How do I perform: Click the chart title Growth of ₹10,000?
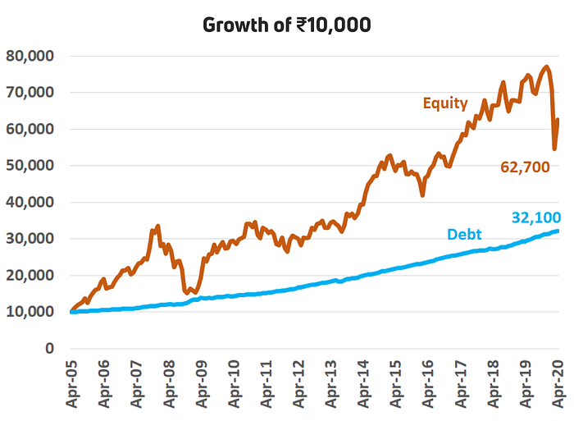click(x=287, y=25)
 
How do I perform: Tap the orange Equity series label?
click(x=445, y=103)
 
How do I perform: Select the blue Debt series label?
click(x=464, y=234)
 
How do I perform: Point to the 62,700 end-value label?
click(x=525, y=167)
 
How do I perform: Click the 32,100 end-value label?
click(x=536, y=217)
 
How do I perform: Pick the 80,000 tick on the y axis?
click(x=30, y=56)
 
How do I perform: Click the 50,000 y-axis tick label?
click(x=30, y=166)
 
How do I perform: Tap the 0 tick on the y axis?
click(x=49, y=348)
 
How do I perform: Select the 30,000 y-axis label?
click(x=30, y=239)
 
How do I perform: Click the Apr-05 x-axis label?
click(x=72, y=384)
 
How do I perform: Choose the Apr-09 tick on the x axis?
click(x=202, y=384)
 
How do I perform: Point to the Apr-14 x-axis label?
click(x=363, y=384)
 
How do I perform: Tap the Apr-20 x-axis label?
click(x=558, y=384)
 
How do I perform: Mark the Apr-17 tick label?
click(x=461, y=384)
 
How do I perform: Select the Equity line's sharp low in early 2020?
click(x=554, y=149)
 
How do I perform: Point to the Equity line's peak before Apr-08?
click(x=157, y=226)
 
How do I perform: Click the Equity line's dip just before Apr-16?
click(x=423, y=195)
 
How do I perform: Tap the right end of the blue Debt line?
click(x=558, y=231)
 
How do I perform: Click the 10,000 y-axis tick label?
click(x=30, y=312)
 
